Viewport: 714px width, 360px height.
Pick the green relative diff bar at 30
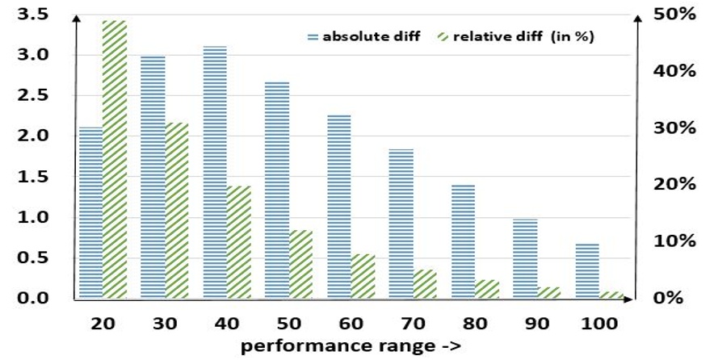click(x=176, y=211)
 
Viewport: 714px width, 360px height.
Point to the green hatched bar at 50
click(x=300, y=264)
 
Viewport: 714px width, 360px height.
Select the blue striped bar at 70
click(x=401, y=224)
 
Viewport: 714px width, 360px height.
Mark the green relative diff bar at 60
click(x=363, y=276)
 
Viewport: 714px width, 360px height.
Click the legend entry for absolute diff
click(x=363, y=36)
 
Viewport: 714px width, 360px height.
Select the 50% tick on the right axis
click(x=675, y=14)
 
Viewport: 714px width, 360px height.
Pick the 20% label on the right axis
click(x=675, y=184)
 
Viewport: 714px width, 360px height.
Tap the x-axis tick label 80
click(x=475, y=323)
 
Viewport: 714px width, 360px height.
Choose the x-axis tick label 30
click(x=164, y=323)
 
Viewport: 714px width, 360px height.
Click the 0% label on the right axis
click(x=670, y=298)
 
